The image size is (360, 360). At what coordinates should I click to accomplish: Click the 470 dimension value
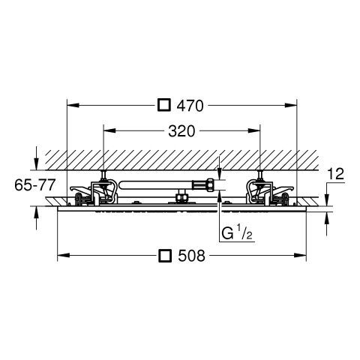point(190,106)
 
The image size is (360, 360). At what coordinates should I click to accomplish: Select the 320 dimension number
point(181,131)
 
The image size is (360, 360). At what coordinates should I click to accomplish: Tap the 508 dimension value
point(191,256)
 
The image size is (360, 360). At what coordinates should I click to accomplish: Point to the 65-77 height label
point(34,185)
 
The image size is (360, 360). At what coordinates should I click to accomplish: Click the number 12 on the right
point(336,174)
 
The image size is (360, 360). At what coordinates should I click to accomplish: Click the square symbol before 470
point(164,105)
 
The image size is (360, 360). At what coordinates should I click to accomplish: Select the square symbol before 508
point(166,255)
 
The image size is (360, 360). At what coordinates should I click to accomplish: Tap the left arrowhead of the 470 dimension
point(73,105)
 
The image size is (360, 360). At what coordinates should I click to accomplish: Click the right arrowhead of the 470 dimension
point(291,105)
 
